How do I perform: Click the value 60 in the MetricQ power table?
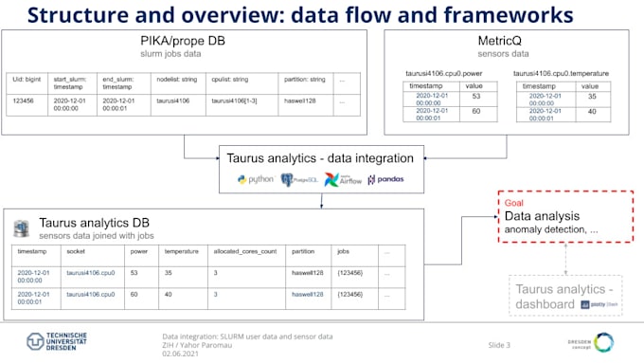point(475,111)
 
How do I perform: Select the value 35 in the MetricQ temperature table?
point(593,96)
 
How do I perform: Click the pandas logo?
point(384,179)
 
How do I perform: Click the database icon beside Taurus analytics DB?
point(21,228)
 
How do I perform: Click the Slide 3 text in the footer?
point(499,344)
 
